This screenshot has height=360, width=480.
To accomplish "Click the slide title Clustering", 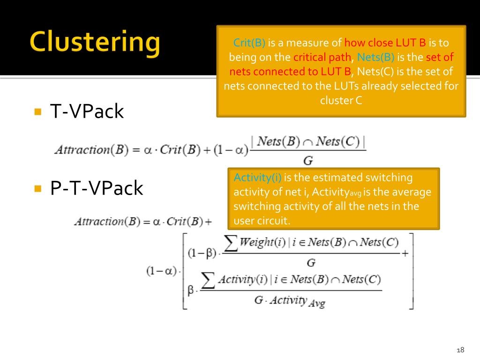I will click(95, 43).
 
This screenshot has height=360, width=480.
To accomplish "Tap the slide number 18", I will click(460, 350).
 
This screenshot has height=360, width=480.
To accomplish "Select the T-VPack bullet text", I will click(87, 112).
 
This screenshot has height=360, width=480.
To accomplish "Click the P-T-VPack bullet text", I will click(97, 188).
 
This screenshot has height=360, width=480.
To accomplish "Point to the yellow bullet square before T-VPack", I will click(38, 112).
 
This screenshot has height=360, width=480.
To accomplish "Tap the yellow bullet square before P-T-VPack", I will click(38, 188).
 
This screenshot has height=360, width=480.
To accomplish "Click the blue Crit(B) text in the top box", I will click(249, 43).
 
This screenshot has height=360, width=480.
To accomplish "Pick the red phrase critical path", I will click(322, 57).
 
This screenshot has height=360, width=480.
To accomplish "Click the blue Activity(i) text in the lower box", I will click(257, 178).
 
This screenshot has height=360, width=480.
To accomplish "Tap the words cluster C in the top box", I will click(341, 100).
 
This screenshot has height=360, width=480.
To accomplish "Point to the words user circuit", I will click(260, 221).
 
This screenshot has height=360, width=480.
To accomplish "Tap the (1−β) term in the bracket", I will click(202, 254).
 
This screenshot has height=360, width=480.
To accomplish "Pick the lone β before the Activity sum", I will click(191, 291).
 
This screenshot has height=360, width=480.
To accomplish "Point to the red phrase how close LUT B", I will click(385, 43).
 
